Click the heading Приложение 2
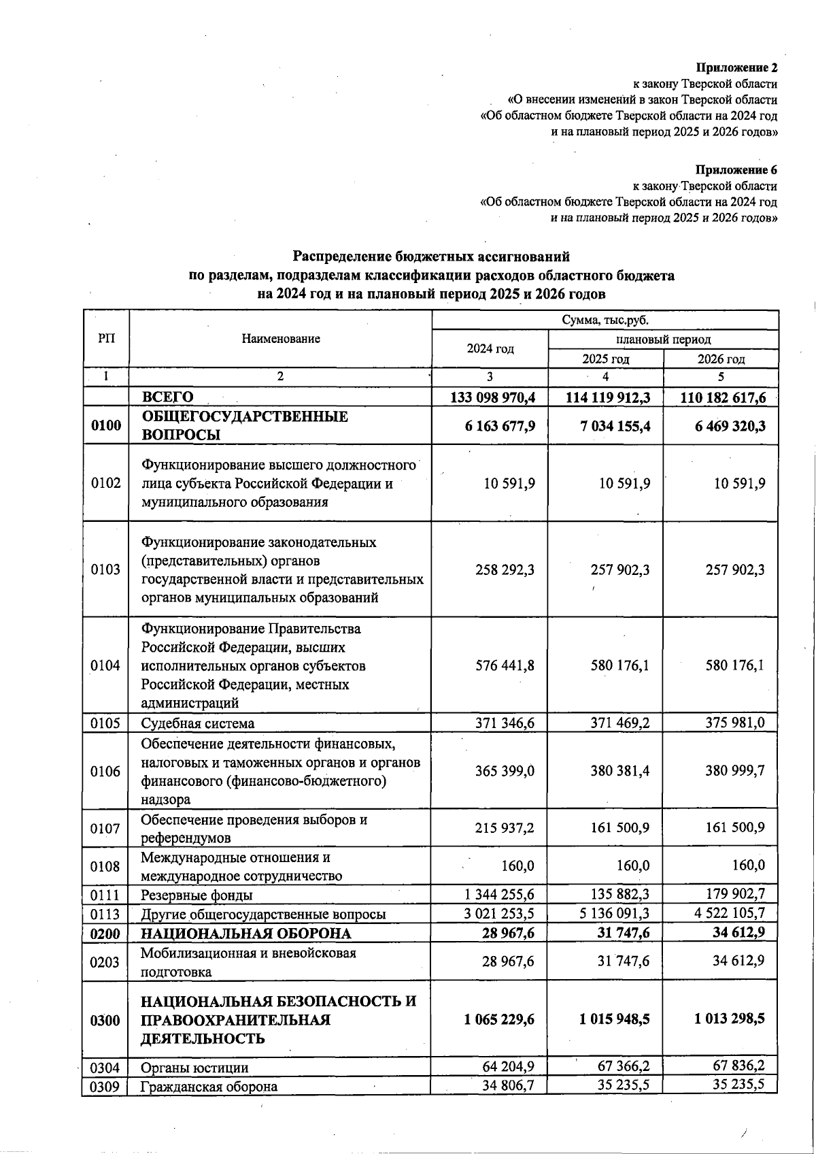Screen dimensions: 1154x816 click(736, 67)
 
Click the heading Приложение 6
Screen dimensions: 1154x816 click(736, 169)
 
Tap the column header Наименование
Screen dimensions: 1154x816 click(281, 339)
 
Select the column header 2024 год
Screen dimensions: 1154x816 click(490, 349)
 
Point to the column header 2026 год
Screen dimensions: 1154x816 click(721, 359)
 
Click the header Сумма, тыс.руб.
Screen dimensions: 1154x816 click(605, 320)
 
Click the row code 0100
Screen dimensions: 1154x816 click(106, 426)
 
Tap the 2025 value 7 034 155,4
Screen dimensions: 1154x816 click(615, 426)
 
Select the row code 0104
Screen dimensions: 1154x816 click(105, 665)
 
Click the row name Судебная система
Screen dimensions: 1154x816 click(198, 723)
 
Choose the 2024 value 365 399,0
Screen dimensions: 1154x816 click(505, 771)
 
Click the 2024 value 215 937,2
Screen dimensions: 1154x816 click(505, 828)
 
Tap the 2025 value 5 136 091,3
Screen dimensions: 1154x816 click(615, 913)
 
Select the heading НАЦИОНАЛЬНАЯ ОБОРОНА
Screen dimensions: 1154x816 click(246, 934)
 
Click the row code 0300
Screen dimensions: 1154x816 click(105, 1020)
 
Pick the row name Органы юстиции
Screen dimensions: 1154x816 click(194, 1068)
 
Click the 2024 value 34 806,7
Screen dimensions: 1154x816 click(509, 1085)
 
